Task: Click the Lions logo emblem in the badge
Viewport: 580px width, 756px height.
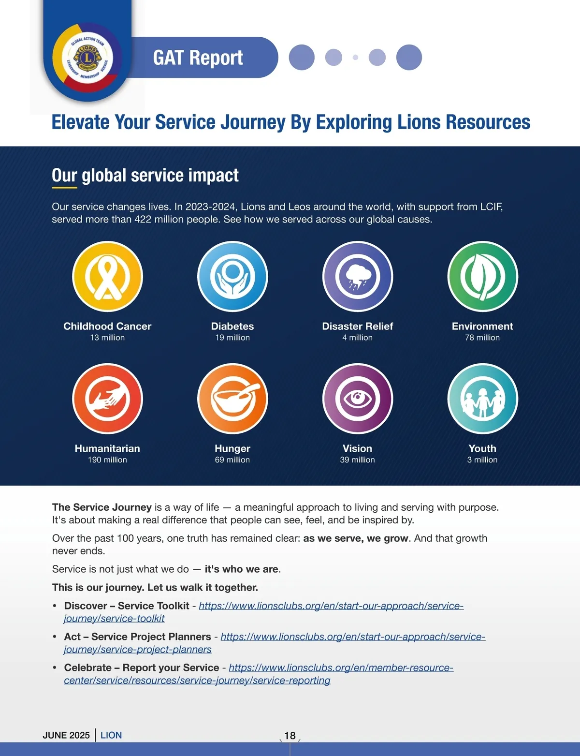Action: click(x=87, y=58)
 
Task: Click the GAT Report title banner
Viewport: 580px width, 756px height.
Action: click(x=198, y=58)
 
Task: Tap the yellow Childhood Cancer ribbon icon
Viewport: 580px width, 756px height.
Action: click(x=107, y=276)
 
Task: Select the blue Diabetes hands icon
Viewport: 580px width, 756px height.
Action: click(x=232, y=276)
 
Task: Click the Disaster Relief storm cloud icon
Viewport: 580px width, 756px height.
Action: click(x=358, y=276)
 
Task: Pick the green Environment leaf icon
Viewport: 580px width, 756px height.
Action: click(x=482, y=276)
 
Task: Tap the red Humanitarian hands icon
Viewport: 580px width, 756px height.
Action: click(x=107, y=399)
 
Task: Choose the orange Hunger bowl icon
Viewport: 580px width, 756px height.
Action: click(x=232, y=399)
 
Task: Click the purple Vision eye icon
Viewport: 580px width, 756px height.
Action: click(x=358, y=399)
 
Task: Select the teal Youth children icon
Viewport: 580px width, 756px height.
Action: click(x=482, y=399)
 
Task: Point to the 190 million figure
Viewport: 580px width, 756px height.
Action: click(x=107, y=460)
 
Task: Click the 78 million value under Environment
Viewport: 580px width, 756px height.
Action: click(x=482, y=338)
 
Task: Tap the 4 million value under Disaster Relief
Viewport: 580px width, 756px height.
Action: click(x=358, y=338)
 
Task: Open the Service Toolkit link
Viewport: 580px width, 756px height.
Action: click(x=331, y=606)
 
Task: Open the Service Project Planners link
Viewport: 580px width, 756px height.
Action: click(x=352, y=637)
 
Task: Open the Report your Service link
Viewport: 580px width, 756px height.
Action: click(x=341, y=668)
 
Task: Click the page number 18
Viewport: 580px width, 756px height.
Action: click(x=290, y=736)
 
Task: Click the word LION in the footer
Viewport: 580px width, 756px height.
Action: click(x=111, y=735)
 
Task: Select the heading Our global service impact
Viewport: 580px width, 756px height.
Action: click(x=145, y=175)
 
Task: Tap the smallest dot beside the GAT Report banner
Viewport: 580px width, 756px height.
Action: click(x=356, y=58)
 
